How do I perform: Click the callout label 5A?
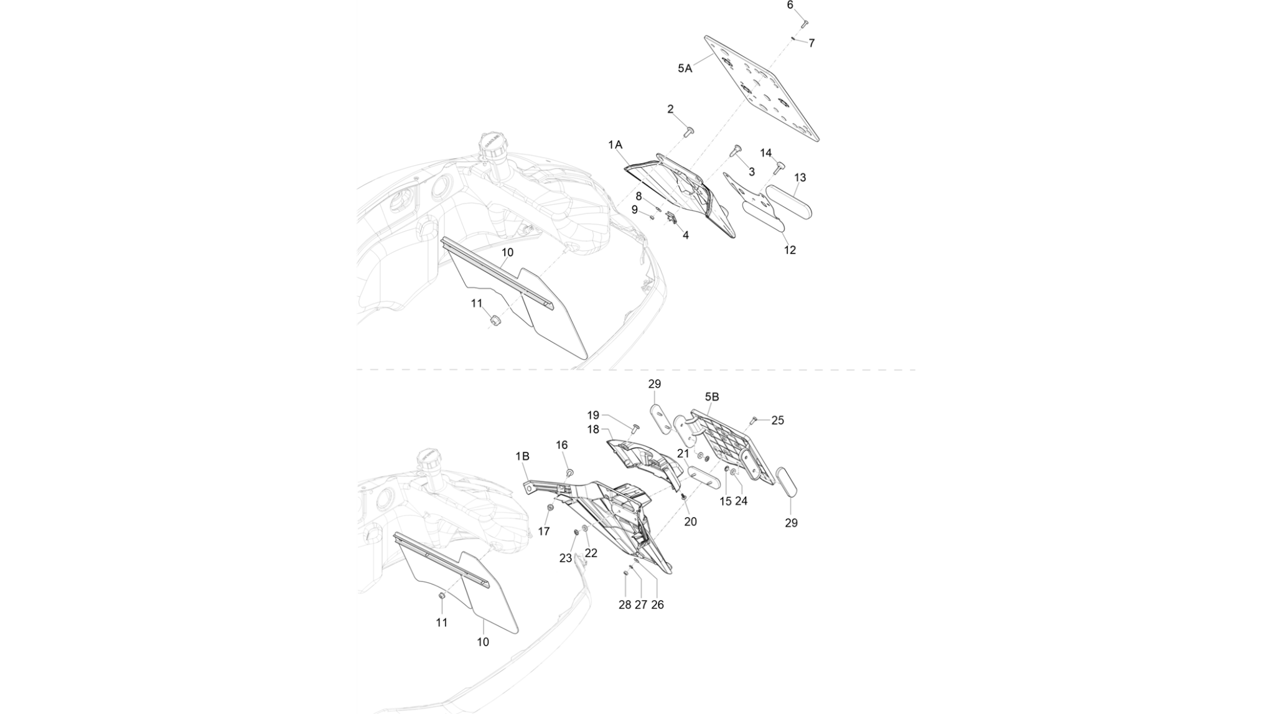[x=685, y=68]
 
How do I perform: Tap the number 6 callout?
[x=790, y=5]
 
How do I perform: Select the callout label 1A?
[x=615, y=145]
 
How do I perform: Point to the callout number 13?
[x=800, y=177]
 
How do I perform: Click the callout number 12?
[x=790, y=250]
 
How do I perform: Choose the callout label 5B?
[x=712, y=397]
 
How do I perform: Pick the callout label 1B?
[x=522, y=456]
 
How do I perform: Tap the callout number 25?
[x=778, y=420]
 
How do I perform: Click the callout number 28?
[x=625, y=604]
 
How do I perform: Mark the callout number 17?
[x=544, y=531]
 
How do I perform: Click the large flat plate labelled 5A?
[x=762, y=88]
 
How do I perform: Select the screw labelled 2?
[x=689, y=132]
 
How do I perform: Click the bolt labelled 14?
[x=779, y=168]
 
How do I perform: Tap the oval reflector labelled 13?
[x=788, y=202]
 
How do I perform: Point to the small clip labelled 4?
[x=671, y=218]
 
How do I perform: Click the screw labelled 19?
[x=635, y=428]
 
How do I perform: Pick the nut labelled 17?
[x=550, y=508]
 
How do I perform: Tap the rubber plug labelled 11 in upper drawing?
[x=496, y=321]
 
